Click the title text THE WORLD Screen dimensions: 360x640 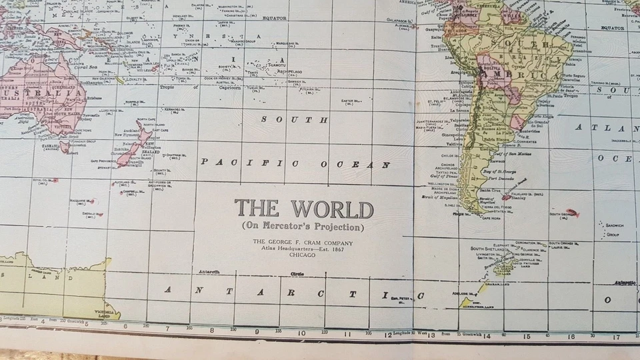pyautogui.click(x=303, y=209)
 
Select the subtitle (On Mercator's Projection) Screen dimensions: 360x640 pyautogui.click(x=303, y=227)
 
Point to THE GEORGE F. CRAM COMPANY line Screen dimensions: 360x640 pyautogui.click(x=303, y=243)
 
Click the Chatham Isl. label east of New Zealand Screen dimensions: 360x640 pyautogui.click(x=171, y=155)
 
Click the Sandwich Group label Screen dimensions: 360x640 pyautogui.click(x=613, y=230)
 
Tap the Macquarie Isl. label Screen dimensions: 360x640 pyautogui.click(x=83, y=199)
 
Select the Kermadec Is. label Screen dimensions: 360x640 pyautogui.click(x=174, y=109)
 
